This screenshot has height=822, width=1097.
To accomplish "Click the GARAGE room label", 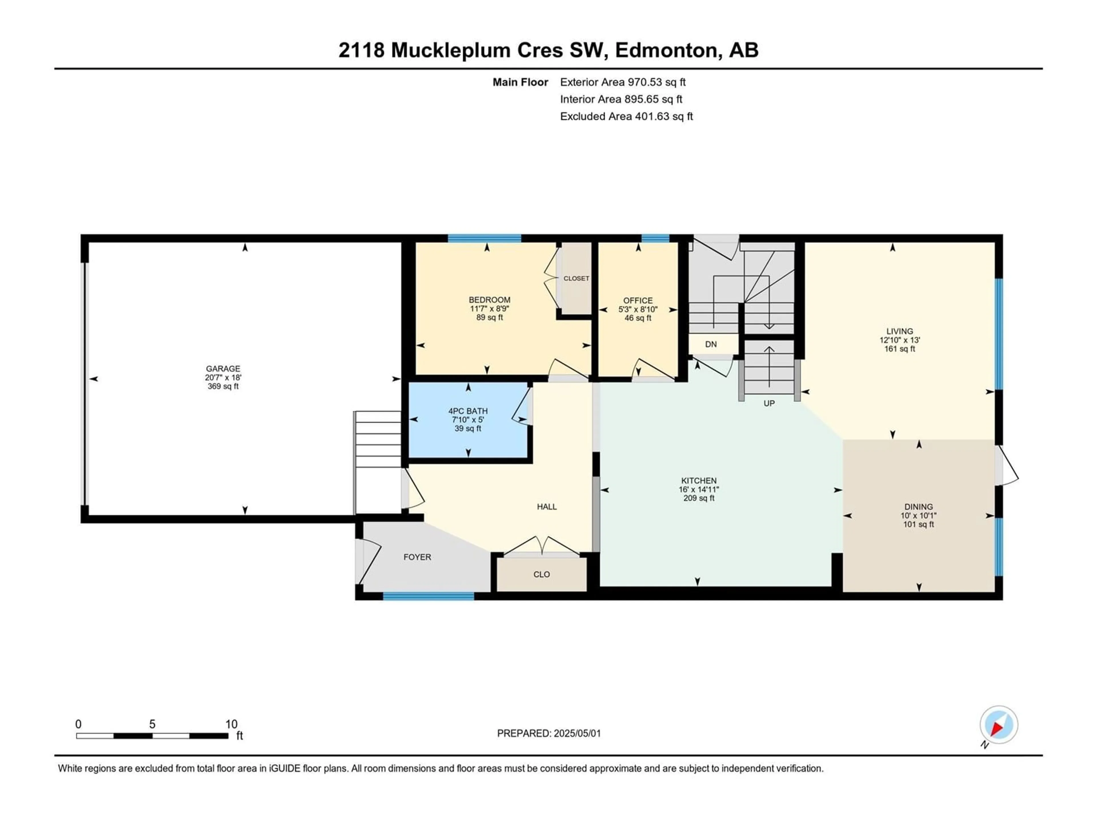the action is [223, 369].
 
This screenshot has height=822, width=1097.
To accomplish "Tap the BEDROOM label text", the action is [489, 300].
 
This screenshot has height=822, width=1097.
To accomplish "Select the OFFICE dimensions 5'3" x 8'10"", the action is [638, 309].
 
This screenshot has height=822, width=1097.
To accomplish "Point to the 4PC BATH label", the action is [468, 411].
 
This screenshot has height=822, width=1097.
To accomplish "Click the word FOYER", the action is [417, 557].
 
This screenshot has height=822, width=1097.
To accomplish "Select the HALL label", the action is [547, 506].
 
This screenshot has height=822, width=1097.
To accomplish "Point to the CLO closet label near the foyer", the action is [542, 574].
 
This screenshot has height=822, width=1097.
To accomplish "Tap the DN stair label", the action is [711, 344].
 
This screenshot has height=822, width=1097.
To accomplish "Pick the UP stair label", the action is [769, 403].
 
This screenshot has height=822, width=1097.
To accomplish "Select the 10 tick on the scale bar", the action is [231, 724].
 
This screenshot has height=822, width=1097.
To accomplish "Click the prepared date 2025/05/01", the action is [577, 733].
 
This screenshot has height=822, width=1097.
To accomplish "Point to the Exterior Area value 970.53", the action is [645, 82].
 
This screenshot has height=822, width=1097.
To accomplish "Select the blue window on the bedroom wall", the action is [485, 238].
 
